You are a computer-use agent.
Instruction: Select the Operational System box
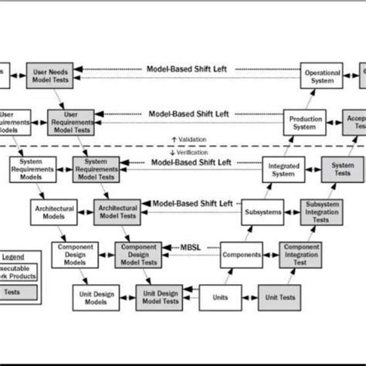point(318,77)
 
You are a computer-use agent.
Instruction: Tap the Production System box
point(306,124)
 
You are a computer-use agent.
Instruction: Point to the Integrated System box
point(283,169)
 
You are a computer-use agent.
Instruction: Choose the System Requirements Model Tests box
point(96,169)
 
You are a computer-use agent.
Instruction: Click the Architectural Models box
point(52,211)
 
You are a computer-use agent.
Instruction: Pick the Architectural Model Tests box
point(117,211)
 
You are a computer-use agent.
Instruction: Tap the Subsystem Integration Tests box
point(322,211)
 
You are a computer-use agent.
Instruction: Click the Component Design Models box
point(73,254)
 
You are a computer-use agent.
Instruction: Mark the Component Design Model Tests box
point(137,254)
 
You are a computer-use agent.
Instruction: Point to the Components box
point(240,254)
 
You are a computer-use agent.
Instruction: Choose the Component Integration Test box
point(301,254)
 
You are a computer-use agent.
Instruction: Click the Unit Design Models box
point(96,297)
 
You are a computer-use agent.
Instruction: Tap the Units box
point(219,297)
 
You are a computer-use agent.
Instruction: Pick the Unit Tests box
point(280,297)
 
